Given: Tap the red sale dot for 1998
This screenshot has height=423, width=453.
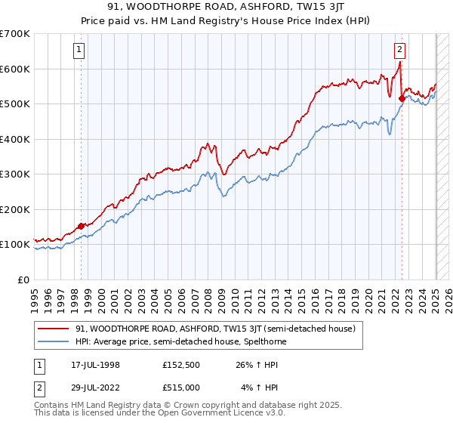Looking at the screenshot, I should click(x=82, y=226).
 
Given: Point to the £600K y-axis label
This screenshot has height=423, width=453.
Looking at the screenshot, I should click(x=15, y=69).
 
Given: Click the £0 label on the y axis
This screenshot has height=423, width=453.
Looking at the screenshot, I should click(x=23, y=279).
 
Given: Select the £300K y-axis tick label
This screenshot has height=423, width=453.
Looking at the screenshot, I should click(x=15, y=174).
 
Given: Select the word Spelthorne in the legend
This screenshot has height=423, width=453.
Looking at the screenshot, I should click(x=262, y=341).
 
